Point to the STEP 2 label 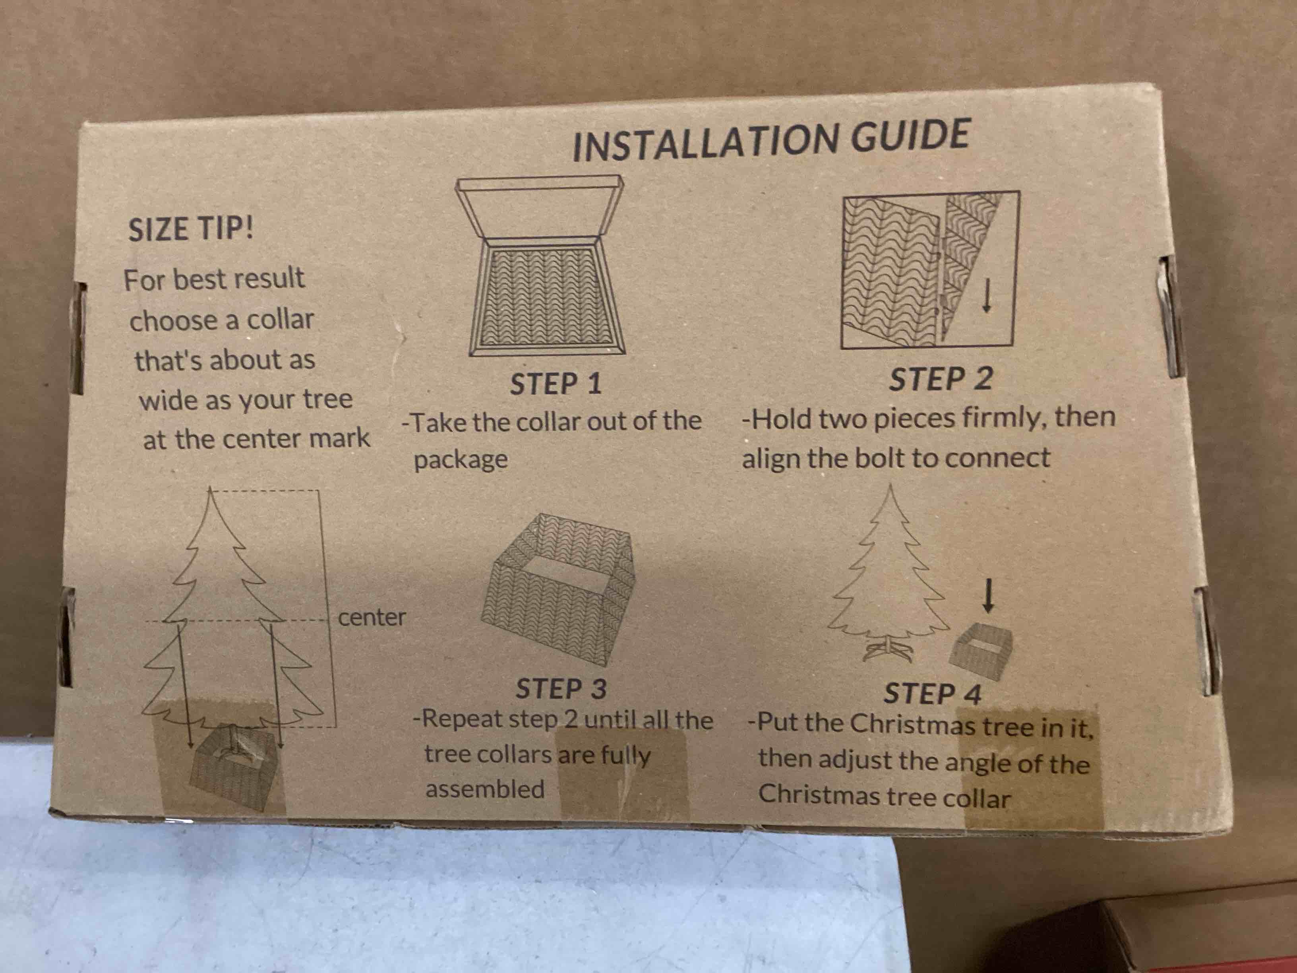[941, 379]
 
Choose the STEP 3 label [561, 688]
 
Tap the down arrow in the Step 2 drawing [987, 296]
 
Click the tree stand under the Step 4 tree [889, 650]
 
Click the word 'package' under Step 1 [461, 460]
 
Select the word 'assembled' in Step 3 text [485, 789]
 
